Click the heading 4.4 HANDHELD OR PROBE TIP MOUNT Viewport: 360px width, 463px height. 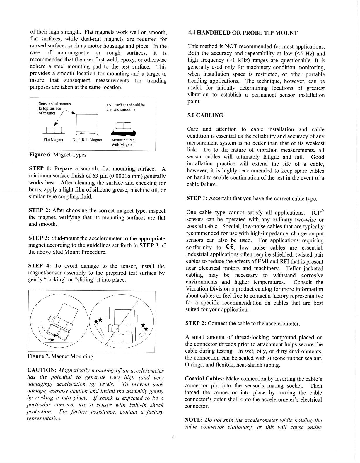point(243,33)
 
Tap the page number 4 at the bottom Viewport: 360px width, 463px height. point(173,438)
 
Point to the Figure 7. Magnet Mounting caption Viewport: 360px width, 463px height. point(60,356)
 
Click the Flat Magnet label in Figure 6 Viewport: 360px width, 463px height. point(53,140)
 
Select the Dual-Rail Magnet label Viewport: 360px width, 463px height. point(87,140)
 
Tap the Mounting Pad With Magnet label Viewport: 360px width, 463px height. point(123,142)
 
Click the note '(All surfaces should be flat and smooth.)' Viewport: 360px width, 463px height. point(126,107)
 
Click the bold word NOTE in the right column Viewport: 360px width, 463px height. point(194,420)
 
